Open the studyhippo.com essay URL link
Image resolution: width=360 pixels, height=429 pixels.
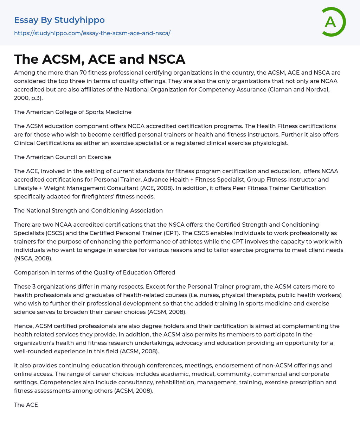92,33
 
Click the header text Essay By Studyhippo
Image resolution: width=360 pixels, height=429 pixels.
59,20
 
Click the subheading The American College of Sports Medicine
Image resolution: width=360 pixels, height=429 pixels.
73,112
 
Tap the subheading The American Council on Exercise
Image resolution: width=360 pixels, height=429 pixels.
63,157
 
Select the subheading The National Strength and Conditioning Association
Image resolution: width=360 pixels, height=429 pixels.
88,210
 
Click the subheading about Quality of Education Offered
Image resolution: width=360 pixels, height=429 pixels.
95,272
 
